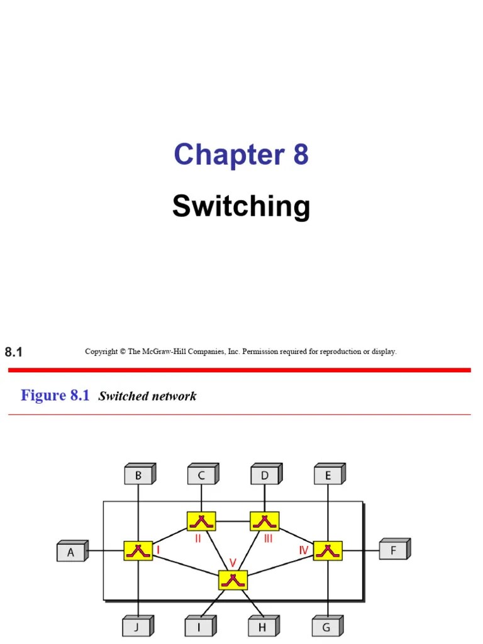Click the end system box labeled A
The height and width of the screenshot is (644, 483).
tap(71, 552)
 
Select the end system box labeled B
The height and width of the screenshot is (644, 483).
tap(138, 475)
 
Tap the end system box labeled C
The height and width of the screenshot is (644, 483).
tap(201, 475)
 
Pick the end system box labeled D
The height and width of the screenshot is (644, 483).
tap(265, 475)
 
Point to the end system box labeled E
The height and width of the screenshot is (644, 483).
tap(328, 475)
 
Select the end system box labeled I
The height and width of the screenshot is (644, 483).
tap(200, 626)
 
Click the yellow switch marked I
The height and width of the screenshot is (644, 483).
tap(138, 550)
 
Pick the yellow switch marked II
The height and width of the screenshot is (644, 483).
tap(201, 521)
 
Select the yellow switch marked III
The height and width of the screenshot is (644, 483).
tap(265, 521)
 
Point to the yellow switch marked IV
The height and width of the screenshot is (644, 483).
tap(328, 550)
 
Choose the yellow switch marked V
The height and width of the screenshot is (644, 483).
tap(233, 579)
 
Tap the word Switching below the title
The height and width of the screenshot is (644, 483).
tap(241, 206)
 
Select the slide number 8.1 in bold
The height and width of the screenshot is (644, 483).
tap(14, 352)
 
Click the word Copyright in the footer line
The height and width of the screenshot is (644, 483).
tap(101, 352)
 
